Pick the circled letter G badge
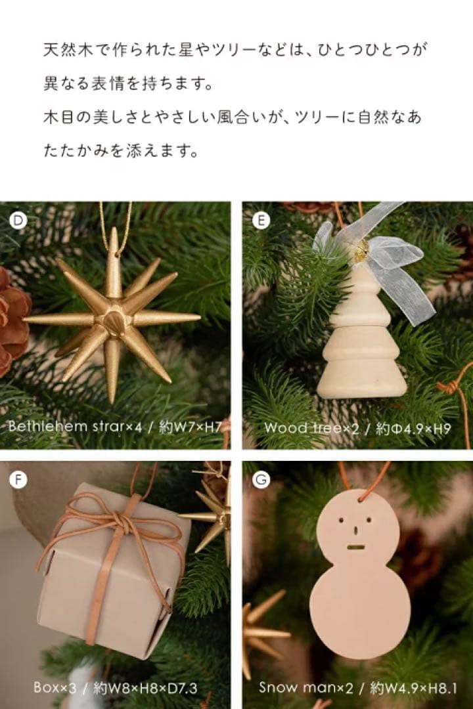pos(261,480)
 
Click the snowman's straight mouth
pos(355,547)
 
